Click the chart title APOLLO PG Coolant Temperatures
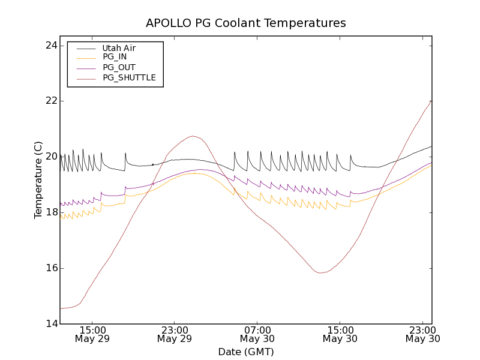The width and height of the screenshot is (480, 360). [246, 23]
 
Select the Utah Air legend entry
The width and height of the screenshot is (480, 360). [119, 48]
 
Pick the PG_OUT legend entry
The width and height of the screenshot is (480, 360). [119, 68]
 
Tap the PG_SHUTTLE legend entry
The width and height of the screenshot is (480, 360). [129, 78]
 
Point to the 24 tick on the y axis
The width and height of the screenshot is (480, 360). [50, 46]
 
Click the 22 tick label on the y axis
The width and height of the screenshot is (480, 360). [50, 101]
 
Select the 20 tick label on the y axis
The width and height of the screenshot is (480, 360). [50, 157]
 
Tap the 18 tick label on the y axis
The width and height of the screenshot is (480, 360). [50, 212]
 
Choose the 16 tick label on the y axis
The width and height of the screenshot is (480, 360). [50, 268]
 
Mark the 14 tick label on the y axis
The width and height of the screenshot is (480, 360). [50, 324]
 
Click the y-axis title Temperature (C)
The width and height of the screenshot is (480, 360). [38, 180]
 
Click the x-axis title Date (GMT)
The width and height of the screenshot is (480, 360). [246, 352]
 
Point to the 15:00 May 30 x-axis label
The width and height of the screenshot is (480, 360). [340, 334]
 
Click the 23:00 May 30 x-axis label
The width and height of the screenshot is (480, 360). [423, 334]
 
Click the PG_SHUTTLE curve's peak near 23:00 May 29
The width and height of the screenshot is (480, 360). [193, 136]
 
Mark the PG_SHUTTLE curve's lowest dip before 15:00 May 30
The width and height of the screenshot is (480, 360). [320, 273]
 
